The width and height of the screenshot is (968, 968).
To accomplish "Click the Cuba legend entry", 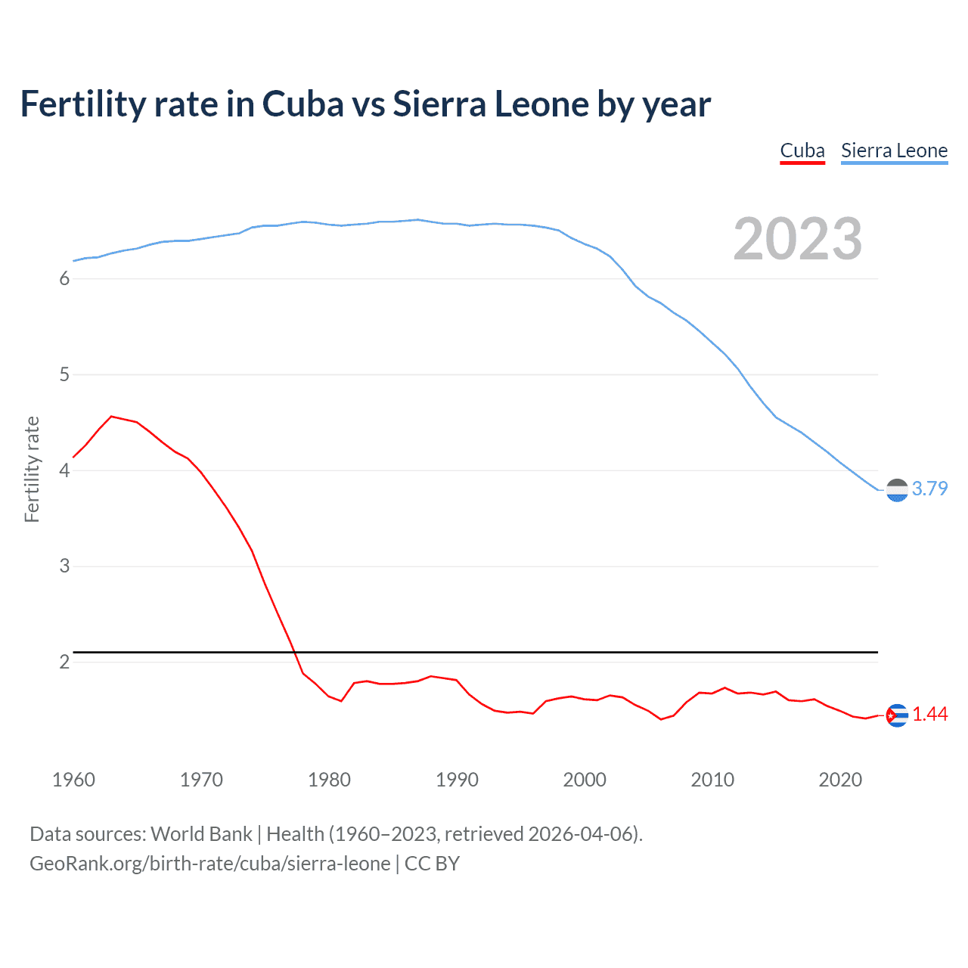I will coord(802,151).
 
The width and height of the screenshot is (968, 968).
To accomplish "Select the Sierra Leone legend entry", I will coord(894,151).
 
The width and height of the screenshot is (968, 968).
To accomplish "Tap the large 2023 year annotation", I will coord(797,239).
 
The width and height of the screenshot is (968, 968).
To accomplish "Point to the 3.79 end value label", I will coord(929,489).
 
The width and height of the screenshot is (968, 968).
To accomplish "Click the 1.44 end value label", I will coord(929,714).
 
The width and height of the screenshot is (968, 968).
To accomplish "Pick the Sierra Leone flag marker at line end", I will coord(897,490).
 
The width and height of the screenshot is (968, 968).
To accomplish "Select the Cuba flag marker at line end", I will coord(897,715).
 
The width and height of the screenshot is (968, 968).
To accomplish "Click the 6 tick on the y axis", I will coord(64,279).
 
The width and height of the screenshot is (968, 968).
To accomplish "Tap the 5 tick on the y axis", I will coord(64,375).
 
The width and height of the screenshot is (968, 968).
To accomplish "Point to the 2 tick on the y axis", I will coord(64,662).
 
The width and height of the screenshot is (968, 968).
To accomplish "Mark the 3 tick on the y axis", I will coord(64,566).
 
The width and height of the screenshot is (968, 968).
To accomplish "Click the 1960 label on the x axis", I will coord(73,780).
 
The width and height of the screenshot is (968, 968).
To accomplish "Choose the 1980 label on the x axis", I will coord(329,780).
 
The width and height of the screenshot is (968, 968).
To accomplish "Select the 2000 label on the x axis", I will coord(585,780).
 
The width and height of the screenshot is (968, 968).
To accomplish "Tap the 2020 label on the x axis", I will coord(840,780).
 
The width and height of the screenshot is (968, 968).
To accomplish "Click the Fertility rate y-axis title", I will coord(32,469).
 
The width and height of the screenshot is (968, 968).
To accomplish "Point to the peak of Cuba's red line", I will coord(111,416).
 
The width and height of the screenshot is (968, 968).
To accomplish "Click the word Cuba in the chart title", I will coord(302,104).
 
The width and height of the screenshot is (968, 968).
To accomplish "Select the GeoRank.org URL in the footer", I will coord(210,864).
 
